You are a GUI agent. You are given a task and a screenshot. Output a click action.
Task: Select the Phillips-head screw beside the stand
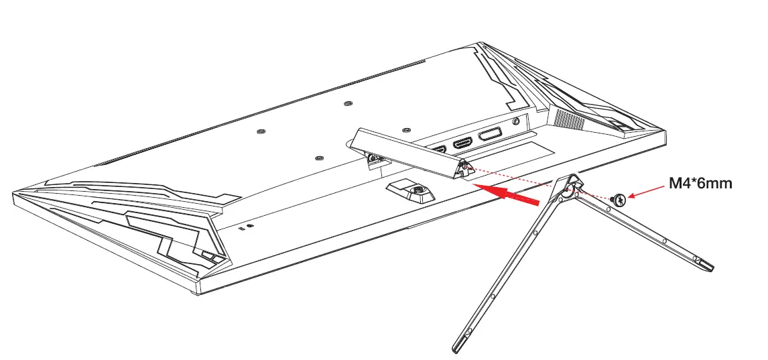[620, 199]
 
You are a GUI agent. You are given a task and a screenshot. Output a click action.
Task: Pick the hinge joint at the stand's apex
[570, 186]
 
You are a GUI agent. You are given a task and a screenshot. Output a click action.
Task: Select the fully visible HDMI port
[462, 143]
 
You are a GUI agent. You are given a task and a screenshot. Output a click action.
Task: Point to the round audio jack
[515, 122]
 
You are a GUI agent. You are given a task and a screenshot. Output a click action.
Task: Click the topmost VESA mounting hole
[347, 103]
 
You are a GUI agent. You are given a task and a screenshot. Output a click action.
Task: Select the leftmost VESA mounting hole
[261, 131]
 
